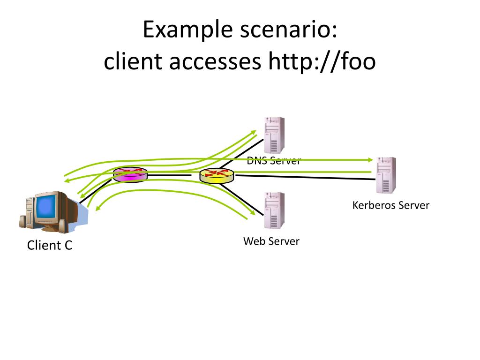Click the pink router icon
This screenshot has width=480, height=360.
point(130,175)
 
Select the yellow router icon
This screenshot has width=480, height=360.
point(216,175)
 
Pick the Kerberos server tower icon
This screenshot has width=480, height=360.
point(386,175)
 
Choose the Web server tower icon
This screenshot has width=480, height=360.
point(274,210)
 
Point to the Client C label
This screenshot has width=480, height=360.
point(50,245)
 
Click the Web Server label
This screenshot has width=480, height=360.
point(271,241)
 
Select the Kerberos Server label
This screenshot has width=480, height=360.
point(391,205)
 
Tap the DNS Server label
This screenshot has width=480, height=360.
point(274,160)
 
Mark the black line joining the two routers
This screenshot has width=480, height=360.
point(169,175)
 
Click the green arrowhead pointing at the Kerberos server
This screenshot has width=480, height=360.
point(370,159)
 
